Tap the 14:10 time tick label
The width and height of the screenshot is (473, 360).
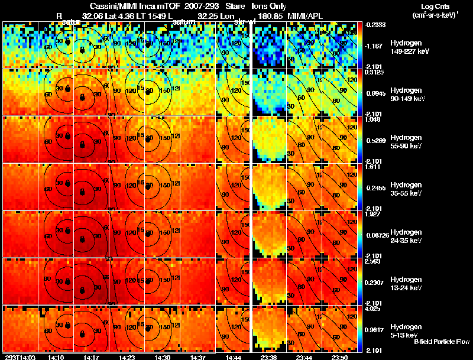click(56, 357)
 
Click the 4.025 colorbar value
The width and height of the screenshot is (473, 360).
click(372, 308)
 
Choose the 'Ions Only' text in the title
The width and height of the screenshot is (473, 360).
click(268, 5)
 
